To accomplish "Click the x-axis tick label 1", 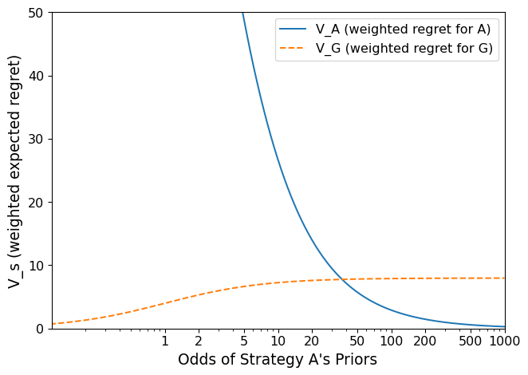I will [165, 341].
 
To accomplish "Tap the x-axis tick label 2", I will [199, 341].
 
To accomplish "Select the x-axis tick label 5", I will [244, 341].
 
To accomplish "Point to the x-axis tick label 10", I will [278, 341].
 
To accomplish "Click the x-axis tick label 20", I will [312, 341].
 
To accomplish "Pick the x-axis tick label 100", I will [392, 341].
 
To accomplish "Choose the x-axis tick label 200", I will [425, 341].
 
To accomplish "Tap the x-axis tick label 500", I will [471, 341].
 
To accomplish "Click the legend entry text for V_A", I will [403, 30].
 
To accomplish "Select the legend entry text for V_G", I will [404, 49].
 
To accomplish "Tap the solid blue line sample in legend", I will [293, 30].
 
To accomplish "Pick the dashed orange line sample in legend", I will [293, 49].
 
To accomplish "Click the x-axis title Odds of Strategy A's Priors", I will [278, 360].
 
